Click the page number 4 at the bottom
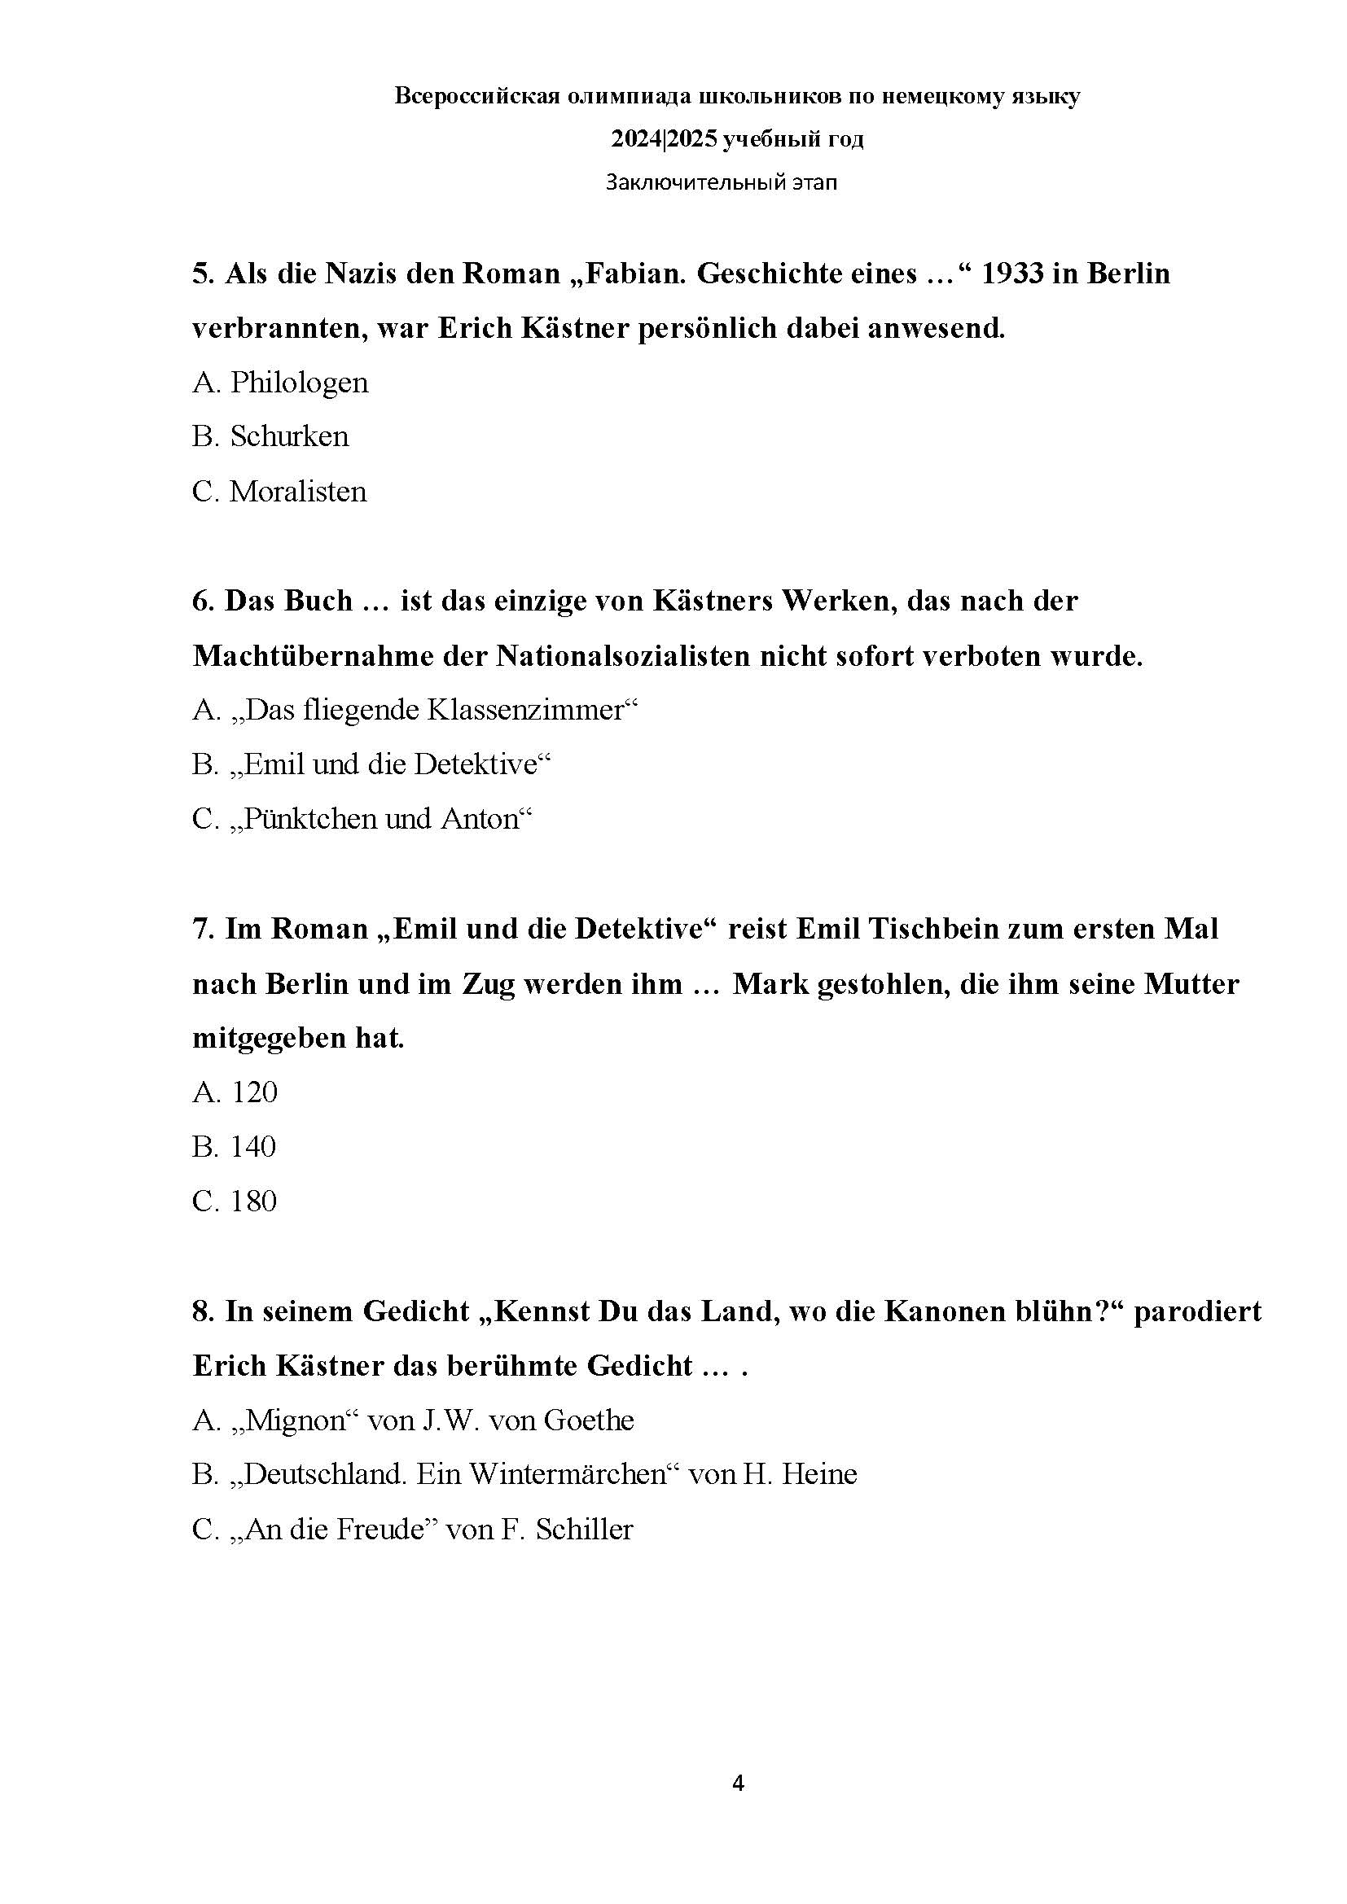738,1784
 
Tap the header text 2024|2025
665,139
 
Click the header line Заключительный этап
721,182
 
